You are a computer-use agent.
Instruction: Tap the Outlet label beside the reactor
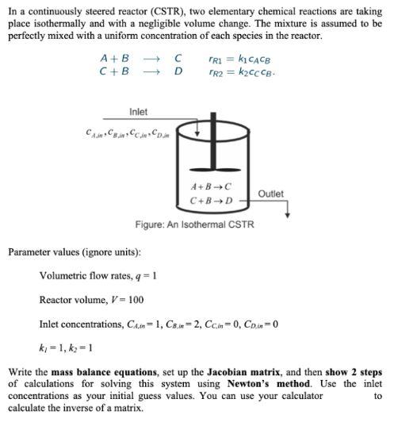point(270,194)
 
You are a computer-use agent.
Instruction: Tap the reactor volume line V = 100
point(91,300)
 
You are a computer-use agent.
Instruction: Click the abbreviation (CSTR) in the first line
point(143,10)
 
